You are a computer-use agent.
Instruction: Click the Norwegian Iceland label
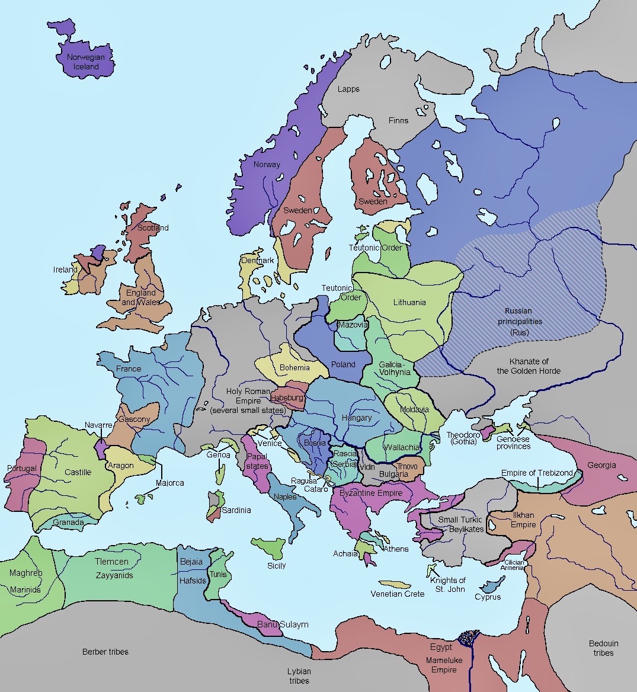point(86,62)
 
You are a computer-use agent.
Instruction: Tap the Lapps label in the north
point(348,89)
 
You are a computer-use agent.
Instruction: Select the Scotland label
point(153,228)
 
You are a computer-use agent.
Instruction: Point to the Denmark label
point(257,261)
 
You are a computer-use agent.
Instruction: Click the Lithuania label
point(409,302)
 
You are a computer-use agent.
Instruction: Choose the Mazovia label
point(353,325)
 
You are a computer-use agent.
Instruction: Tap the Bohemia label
point(295,367)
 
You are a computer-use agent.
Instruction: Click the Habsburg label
point(287,398)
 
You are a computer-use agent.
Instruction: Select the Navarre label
point(98,425)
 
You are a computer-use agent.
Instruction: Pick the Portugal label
point(22,468)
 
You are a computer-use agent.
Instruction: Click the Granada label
point(68,523)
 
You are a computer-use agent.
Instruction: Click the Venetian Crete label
point(397,594)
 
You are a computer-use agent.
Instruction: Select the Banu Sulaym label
point(282,624)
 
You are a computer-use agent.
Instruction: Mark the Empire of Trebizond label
point(537,473)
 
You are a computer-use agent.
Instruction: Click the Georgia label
point(601,465)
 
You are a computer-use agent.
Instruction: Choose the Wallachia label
point(402,447)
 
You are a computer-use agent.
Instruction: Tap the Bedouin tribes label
point(603,648)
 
